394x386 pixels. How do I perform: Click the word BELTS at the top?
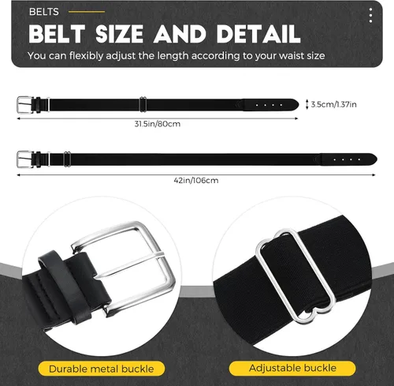point(44,12)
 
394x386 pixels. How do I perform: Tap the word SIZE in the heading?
point(119,34)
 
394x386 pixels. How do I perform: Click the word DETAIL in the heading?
point(258,34)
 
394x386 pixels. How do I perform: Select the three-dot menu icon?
point(370,15)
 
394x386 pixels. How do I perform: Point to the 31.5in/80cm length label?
point(158,124)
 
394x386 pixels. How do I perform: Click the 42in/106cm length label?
point(196,181)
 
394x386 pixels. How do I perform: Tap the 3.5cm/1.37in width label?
point(333,104)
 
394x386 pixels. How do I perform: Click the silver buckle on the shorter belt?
point(25,104)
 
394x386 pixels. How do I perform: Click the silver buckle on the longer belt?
point(25,159)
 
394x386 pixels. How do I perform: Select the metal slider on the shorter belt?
point(143,104)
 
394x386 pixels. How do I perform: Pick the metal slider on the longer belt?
point(67,159)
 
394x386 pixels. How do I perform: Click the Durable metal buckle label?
point(102,369)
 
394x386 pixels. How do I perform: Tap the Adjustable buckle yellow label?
point(292,368)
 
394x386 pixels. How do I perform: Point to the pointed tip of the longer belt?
point(377,159)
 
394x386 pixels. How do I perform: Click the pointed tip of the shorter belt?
point(299,104)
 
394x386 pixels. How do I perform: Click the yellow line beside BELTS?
point(87,12)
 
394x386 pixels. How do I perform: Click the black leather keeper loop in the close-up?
point(65,287)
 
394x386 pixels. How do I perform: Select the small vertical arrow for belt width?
point(307,104)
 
